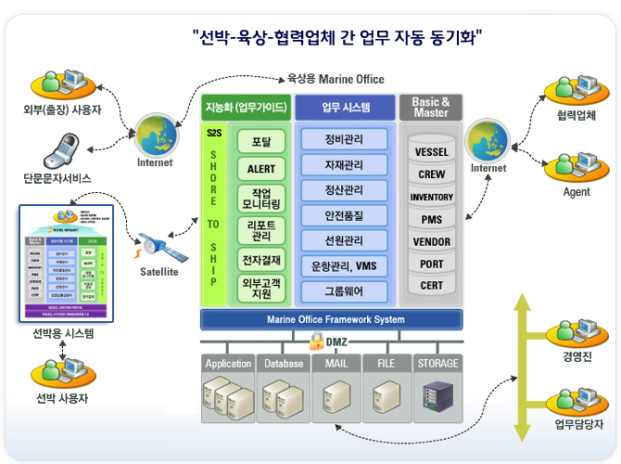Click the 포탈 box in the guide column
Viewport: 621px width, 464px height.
(x=261, y=142)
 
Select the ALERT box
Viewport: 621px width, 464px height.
(x=261, y=169)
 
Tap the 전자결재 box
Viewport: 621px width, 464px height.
(x=261, y=258)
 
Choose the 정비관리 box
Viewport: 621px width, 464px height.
(x=344, y=141)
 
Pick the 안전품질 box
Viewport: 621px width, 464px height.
(x=344, y=214)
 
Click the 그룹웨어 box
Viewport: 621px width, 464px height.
(x=344, y=290)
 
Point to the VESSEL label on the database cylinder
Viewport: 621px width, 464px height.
(x=432, y=152)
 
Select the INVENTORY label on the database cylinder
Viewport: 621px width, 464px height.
(x=432, y=197)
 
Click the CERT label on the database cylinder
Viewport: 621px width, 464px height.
(x=432, y=286)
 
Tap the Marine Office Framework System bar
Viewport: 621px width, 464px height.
(x=336, y=319)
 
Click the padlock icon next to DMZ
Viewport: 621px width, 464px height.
(x=316, y=341)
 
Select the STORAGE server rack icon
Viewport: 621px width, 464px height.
(x=438, y=395)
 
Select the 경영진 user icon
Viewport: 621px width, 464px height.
(x=568, y=331)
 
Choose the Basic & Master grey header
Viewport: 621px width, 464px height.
(x=431, y=107)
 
